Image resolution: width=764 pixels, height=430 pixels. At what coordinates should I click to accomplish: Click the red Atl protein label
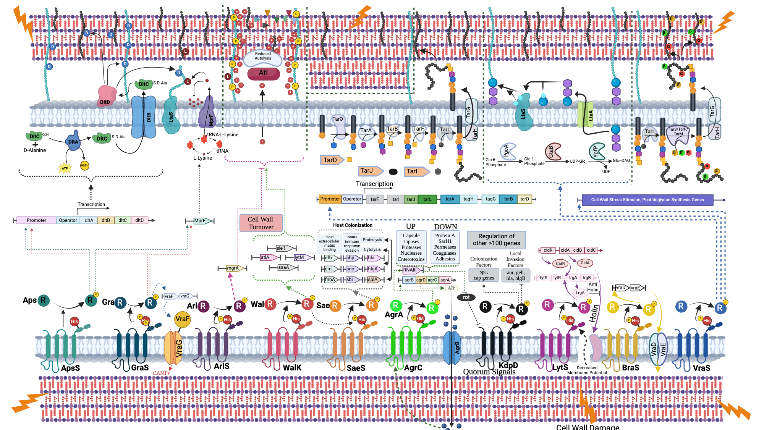pos(264,73)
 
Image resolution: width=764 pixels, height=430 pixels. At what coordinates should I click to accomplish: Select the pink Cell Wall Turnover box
pos(261,223)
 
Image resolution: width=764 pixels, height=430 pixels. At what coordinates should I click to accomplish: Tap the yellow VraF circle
pos(182,319)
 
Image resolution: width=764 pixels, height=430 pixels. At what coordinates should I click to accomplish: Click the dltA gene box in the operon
pos(89,220)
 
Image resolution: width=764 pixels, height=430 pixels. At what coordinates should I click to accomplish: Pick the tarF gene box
pos(375,199)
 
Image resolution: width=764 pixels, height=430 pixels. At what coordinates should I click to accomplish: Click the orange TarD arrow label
pos(331,160)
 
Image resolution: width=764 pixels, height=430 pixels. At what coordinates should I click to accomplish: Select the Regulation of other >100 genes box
pos(496,240)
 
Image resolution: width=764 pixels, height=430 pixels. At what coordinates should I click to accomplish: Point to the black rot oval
pos(466,297)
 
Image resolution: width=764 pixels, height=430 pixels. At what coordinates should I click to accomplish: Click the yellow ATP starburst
pos(65,168)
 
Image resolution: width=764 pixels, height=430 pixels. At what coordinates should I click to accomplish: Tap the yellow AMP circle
pos(84,165)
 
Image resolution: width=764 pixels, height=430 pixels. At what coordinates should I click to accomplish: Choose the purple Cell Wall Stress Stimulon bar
pos(647,200)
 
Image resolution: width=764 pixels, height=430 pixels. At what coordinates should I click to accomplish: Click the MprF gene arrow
pos(200,221)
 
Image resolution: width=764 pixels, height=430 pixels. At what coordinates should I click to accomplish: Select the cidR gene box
pos(548,251)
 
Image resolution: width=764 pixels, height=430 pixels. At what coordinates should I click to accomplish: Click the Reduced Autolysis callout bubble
pos(263,57)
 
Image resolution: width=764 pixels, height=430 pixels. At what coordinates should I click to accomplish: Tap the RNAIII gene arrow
pos(410,270)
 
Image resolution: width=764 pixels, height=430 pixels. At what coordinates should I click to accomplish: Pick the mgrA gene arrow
pos(233,268)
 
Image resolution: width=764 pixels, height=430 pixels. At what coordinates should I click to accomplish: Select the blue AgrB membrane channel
pos(452,348)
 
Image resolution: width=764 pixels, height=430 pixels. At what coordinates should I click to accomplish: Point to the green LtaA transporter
pos(585,115)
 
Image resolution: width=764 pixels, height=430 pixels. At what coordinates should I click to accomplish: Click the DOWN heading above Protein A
pos(445,226)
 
